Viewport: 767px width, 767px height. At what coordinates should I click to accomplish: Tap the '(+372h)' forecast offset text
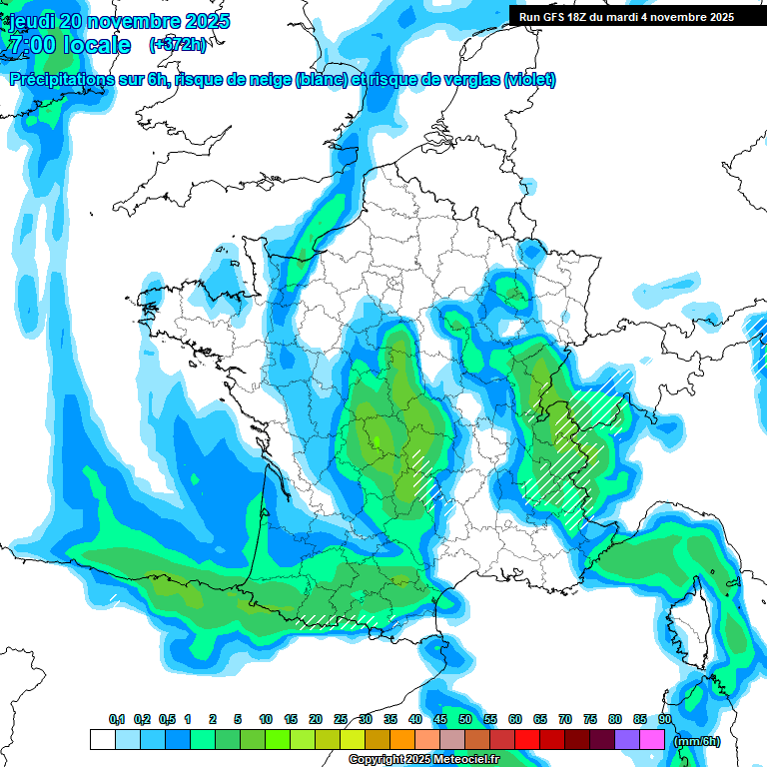[x=178, y=45]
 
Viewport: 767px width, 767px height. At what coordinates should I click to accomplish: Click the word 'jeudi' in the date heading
[x=33, y=21]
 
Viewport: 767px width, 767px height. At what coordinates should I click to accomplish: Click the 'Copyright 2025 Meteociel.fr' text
[x=424, y=759]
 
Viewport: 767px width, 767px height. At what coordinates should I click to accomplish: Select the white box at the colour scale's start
[x=102, y=740]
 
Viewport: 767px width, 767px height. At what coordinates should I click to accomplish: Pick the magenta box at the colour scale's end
[x=652, y=740]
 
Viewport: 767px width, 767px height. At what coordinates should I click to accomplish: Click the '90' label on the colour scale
[x=665, y=719]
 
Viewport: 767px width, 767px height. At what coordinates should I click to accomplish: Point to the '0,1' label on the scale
[x=117, y=719]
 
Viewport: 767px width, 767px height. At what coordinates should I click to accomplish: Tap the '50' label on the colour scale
[x=465, y=719]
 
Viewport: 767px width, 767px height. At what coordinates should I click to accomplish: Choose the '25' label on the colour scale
[x=341, y=719]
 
